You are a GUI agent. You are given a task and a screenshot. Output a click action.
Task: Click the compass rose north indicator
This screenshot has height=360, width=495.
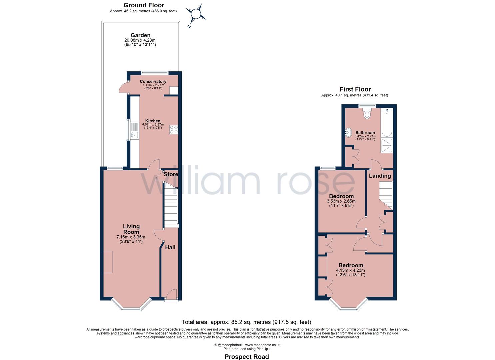196,15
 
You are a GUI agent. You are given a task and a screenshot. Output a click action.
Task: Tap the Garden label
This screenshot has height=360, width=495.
140,35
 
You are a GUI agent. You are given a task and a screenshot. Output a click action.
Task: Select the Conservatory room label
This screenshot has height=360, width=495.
153,81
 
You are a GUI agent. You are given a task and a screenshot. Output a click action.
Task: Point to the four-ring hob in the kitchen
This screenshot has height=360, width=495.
174,130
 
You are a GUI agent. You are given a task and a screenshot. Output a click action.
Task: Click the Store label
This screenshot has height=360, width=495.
171,174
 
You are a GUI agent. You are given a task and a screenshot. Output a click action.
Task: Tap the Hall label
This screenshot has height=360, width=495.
170,247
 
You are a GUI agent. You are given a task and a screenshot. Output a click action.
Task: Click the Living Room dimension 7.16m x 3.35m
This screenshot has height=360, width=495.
131,237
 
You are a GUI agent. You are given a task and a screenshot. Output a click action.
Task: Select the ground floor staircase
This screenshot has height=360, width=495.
171,207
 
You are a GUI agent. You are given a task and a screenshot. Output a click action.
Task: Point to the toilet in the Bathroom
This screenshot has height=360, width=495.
367,113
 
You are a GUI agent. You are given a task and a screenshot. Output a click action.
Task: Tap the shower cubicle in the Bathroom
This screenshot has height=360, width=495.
387,145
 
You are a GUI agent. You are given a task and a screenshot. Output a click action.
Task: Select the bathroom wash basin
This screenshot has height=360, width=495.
348,132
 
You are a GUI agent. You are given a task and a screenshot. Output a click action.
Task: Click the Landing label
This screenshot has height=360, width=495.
380,176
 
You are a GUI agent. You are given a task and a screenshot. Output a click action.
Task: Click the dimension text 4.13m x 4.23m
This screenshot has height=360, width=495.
350,270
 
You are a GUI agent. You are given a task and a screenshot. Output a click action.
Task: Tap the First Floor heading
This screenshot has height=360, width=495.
355,89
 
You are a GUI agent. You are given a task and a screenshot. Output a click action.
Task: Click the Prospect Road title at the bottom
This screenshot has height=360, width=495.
247,357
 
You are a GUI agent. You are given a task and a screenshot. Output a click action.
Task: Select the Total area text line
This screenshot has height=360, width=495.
246,322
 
